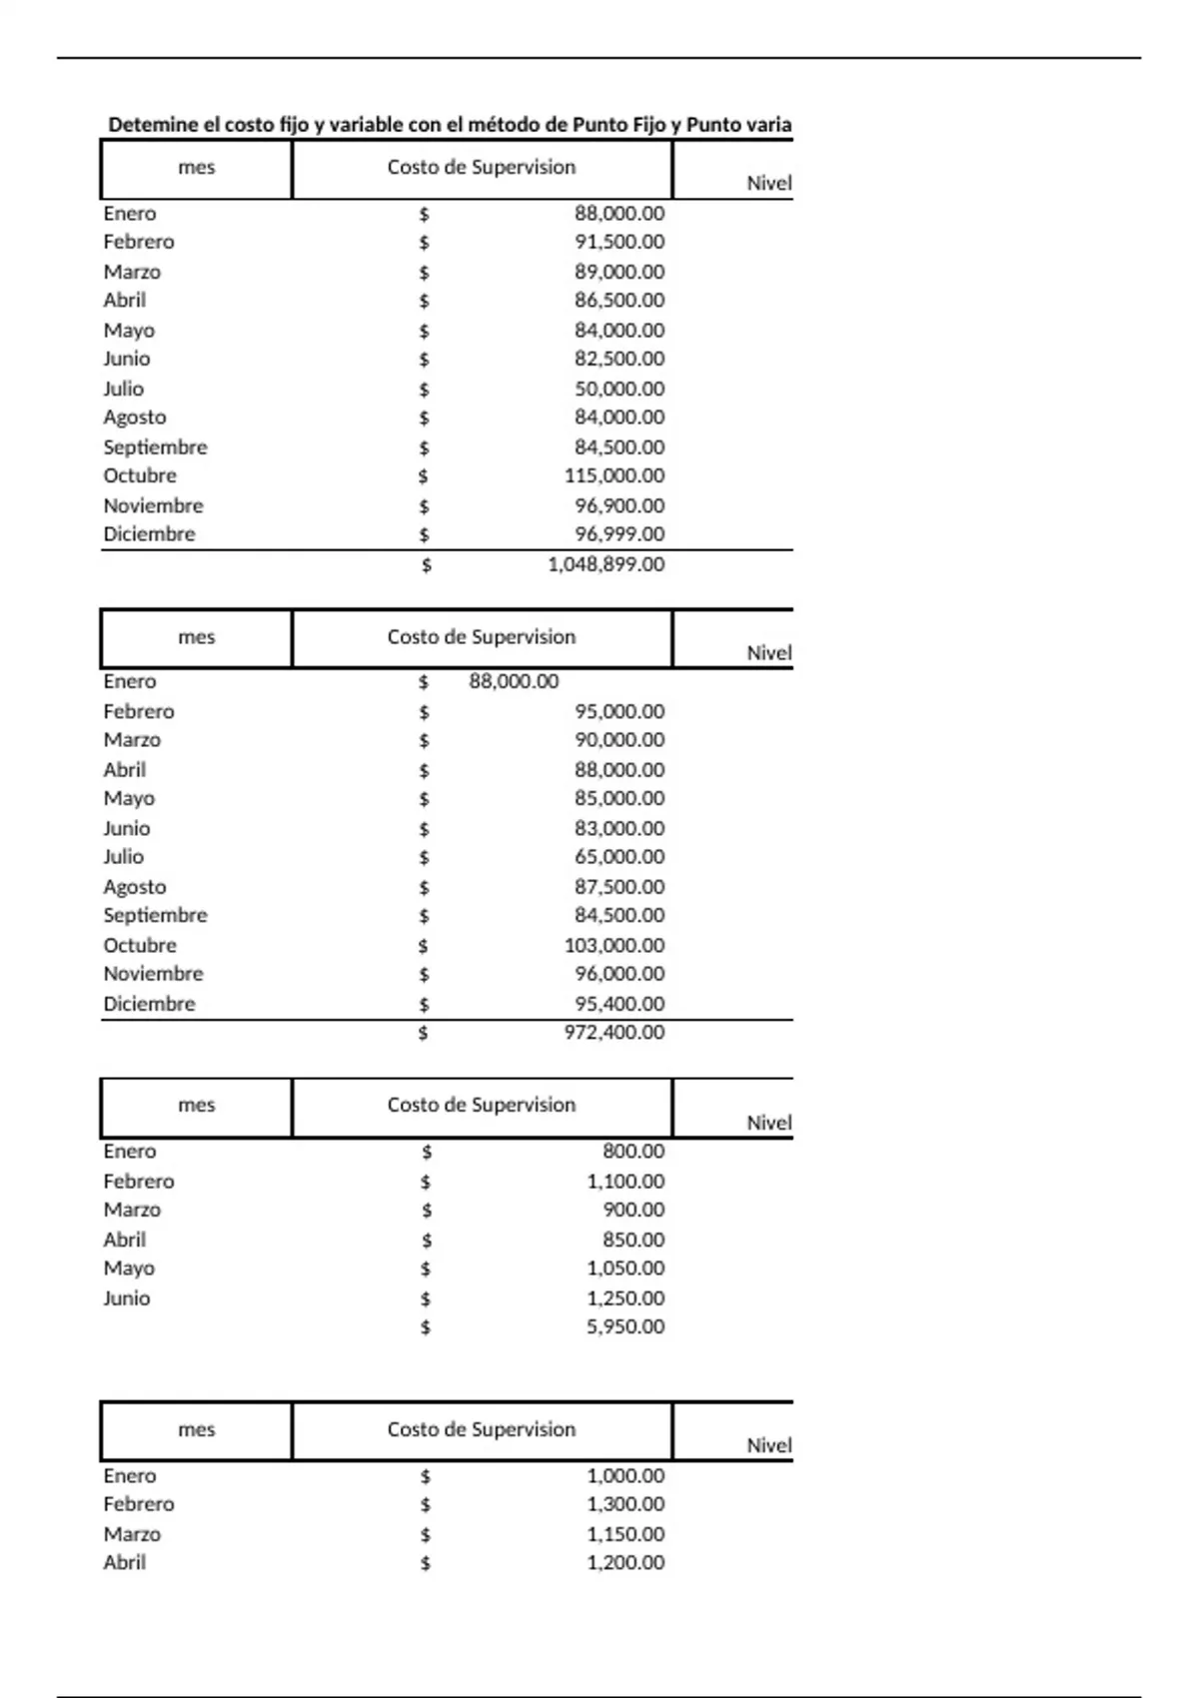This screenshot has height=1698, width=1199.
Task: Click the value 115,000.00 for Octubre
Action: pos(614,476)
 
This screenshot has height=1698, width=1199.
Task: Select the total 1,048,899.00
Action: pos(606,564)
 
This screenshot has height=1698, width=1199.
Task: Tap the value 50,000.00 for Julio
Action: pos(619,389)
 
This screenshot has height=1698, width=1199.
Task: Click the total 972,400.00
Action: pos(614,1032)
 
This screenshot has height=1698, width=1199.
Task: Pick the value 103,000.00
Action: pos(614,945)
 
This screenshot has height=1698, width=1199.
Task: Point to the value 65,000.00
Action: pos(619,857)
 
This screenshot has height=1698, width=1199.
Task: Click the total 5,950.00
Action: pos(625,1326)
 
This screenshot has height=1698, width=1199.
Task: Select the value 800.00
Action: pos(633,1151)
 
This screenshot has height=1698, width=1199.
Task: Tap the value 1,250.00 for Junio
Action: pos(625,1297)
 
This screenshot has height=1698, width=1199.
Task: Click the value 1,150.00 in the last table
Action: pos(625,1533)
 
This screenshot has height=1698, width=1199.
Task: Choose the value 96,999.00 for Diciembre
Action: pos(619,534)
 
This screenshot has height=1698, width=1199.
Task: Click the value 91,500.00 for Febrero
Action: pos(619,242)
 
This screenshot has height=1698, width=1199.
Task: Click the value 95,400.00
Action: pos(619,1003)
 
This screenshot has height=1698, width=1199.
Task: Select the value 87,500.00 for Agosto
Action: pos(619,887)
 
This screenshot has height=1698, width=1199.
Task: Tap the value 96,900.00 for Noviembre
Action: pos(619,505)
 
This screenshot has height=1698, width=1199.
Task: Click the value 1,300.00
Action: pos(625,1503)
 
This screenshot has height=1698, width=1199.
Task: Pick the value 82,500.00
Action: pos(619,359)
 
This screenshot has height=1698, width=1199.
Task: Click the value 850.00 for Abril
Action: pos(633,1240)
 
